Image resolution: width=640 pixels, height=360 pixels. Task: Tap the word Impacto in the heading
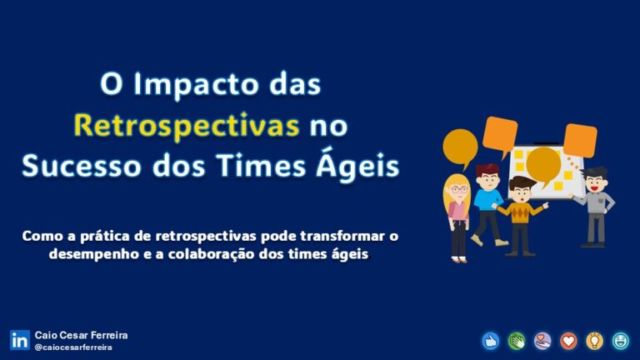[x=202, y=85]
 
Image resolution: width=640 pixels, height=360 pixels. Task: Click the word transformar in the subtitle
[x=333, y=237]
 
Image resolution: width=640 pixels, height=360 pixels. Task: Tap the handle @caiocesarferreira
[x=73, y=347]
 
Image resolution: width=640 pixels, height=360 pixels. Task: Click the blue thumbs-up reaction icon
[x=490, y=340]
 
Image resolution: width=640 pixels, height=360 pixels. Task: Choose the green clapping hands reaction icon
[x=516, y=340]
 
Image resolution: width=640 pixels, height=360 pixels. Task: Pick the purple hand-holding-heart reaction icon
[x=542, y=340]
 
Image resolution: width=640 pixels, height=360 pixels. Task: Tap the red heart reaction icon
[x=568, y=340]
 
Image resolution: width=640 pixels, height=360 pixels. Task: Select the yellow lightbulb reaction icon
[x=594, y=340]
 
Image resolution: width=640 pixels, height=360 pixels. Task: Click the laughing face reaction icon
[x=620, y=340]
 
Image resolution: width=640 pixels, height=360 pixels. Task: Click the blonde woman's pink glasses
[x=457, y=189]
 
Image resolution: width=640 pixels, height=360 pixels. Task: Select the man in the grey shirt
[x=595, y=204]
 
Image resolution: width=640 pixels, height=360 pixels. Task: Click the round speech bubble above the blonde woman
[x=459, y=147]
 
